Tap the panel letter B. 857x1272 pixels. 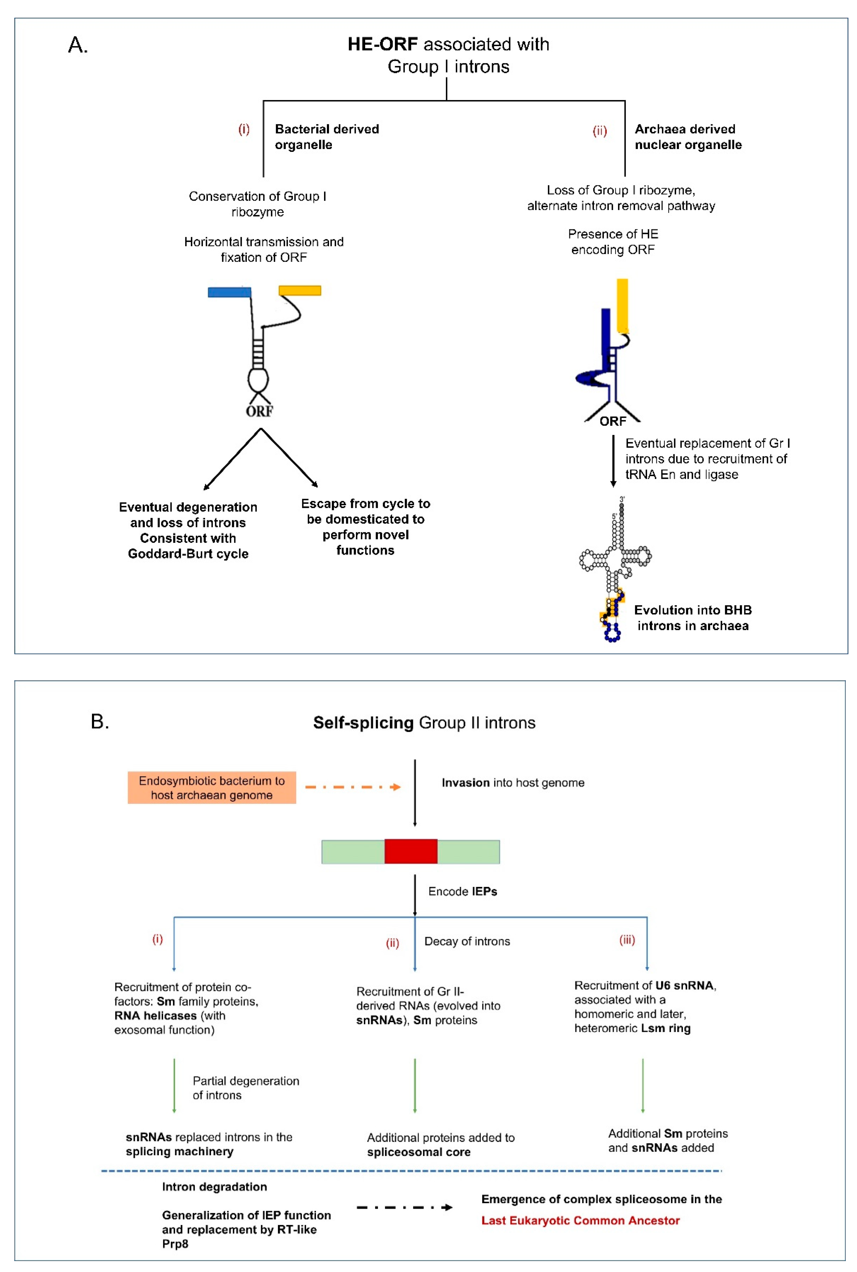coord(100,721)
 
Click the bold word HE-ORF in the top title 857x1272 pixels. coord(383,44)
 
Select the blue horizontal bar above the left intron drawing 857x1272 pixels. coord(229,292)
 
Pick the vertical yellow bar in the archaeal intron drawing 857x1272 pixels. coord(622,305)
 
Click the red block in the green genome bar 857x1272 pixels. coord(411,851)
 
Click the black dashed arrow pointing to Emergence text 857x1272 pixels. coord(405,1207)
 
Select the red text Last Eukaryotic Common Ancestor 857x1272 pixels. coord(580,1220)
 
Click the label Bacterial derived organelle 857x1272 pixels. coord(327,137)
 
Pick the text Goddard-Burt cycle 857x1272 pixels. coord(188,554)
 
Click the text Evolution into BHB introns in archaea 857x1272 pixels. coord(692,618)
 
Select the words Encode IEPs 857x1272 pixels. coord(462,891)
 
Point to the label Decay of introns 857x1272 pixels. coord(467,941)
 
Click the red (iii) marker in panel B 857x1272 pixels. coord(627,940)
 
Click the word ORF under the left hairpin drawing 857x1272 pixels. coord(259,411)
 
